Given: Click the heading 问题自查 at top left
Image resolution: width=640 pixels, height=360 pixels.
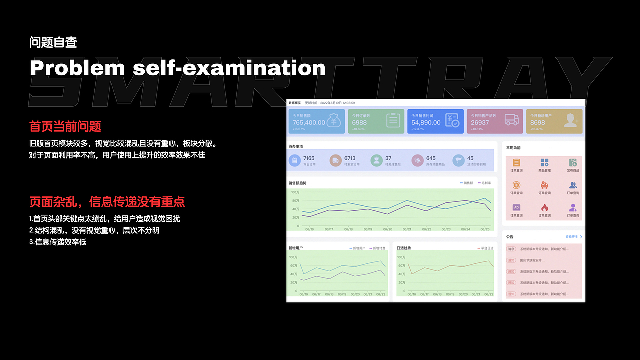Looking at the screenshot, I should pos(53,42).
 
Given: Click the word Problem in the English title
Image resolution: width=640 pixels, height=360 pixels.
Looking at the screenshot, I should pos(77,68).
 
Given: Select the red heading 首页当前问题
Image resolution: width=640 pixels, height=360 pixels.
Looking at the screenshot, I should pos(65,126).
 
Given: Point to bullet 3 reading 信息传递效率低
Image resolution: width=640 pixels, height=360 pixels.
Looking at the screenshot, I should pos(58,242).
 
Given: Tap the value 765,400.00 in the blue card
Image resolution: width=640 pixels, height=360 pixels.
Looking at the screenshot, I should pos(309,122).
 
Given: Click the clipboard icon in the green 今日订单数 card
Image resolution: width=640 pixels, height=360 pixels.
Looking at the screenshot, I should pos(393,120).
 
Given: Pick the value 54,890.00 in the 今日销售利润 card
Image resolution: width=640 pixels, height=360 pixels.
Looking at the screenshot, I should pos(426,122).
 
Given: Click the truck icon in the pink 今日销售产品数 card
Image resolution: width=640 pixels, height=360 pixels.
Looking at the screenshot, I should pos(511,120).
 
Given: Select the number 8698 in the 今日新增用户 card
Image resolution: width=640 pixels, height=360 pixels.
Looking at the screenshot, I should pos(538,122).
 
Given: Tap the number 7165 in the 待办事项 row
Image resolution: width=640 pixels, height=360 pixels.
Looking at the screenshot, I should pos(309,158).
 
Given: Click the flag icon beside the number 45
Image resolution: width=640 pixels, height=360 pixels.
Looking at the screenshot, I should pos(458,160).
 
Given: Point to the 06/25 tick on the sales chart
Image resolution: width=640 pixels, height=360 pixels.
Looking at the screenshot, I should pos(485,229).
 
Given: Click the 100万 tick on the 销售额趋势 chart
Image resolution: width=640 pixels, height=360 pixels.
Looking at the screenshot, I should pos(295,192).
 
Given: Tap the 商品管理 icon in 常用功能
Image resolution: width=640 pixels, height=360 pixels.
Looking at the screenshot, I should pos(545,163).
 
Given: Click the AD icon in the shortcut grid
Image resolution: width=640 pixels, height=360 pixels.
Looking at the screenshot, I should pos(517,207).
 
